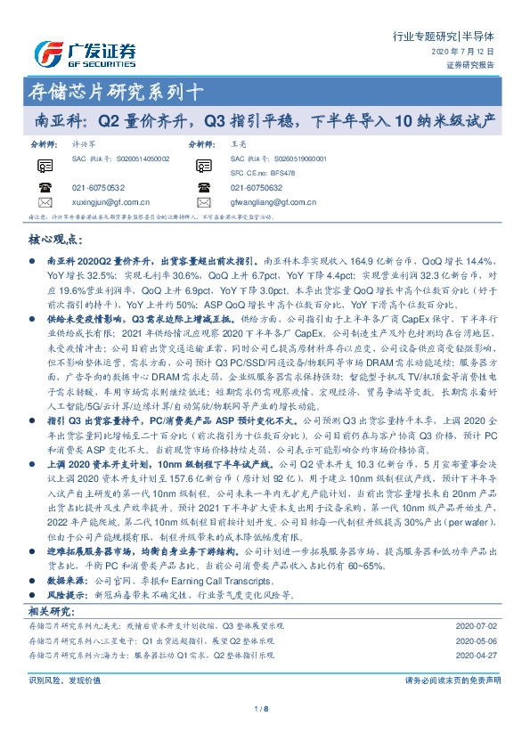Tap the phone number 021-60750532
coord(98,188)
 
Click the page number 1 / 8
coord(264,709)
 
